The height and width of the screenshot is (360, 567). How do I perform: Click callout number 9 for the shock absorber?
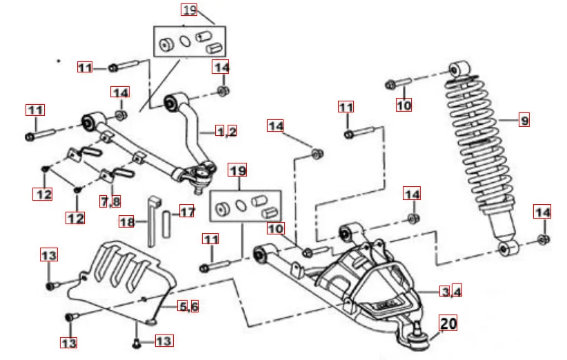point(524,121)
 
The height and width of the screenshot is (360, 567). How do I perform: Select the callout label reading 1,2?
point(226,131)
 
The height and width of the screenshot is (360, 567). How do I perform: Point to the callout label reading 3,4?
point(452,291)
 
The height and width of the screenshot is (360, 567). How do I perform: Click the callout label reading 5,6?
point(188,306)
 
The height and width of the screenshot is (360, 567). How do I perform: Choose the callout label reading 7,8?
point(110,201)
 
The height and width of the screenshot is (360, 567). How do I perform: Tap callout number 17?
point(188,211)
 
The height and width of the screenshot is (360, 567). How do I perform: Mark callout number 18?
point(127,222)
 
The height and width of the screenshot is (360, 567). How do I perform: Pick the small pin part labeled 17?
point(167,222)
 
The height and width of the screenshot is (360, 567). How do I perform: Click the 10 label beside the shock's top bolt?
point(404,106)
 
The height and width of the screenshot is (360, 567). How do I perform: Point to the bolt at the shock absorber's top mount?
point(397,85)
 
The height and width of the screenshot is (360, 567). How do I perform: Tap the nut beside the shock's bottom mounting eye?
point(543,240)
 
